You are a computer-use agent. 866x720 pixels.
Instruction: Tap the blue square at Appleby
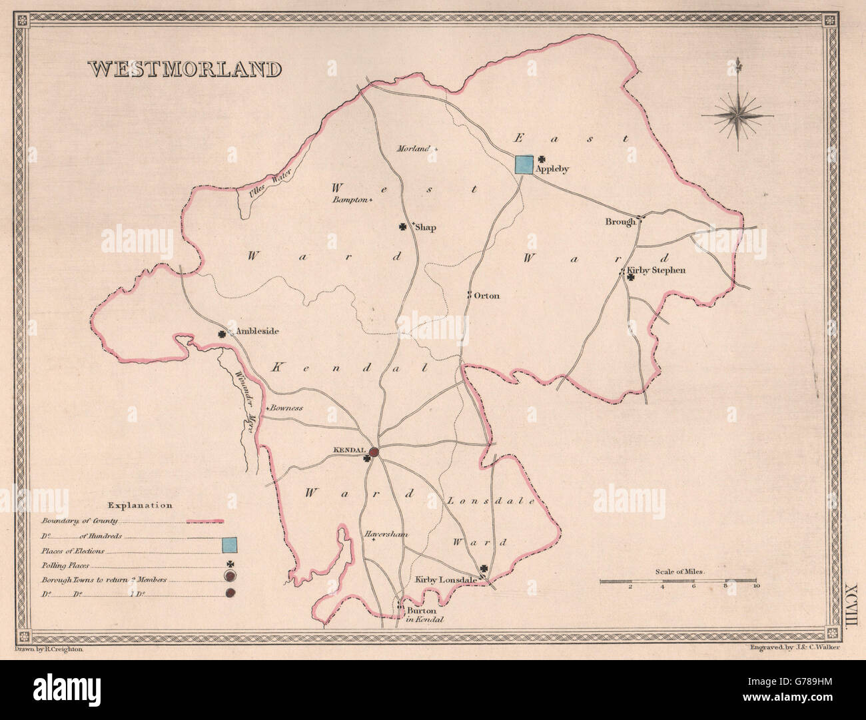(524, 165)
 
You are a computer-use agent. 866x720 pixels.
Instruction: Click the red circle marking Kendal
(374, 452)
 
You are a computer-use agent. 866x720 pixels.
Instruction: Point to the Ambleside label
(253, 331)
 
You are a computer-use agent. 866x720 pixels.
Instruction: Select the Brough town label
(620, 221)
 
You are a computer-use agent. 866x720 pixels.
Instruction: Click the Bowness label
(286, 408)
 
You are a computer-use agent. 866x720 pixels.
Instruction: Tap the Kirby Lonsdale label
(446, 580)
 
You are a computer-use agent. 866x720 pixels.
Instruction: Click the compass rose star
(737, 114)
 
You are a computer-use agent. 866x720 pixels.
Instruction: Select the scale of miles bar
(678, 581)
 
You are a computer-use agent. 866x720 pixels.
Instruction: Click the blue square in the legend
(230, 545)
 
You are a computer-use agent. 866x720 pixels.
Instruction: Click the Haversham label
(385, 534)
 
